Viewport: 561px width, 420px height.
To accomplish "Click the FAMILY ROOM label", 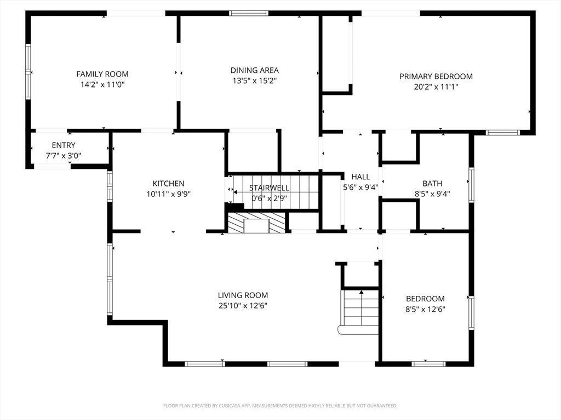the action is point(102,74).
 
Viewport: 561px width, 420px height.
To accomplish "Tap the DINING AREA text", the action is point(254,71).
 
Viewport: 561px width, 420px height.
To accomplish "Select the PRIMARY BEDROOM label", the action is point(436,76).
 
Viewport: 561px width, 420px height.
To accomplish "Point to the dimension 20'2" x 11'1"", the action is point(436,87).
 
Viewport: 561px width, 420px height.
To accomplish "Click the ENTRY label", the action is point(64,145).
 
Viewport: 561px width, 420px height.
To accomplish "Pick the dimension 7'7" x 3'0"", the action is point(64,156).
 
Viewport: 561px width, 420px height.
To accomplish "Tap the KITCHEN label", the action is point(169,184).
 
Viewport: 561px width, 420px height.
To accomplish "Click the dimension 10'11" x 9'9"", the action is point(169,194).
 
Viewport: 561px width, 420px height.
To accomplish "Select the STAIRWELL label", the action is point(269,188).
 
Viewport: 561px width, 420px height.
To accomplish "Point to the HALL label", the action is point(360,177).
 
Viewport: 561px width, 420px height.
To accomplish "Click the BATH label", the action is point(432,184).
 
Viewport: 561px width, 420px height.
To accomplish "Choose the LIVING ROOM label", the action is point(243,295).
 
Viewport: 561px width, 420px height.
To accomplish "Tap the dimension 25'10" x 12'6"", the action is point(243,306).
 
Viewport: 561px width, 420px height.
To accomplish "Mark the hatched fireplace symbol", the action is point(256,223).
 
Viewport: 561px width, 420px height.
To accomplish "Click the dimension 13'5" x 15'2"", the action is point(254,81).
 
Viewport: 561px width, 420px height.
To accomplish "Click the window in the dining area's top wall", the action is point(249,14).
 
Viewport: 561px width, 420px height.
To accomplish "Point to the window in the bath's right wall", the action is point(472,185).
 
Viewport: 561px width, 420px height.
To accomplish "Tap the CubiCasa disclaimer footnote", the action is point(280,406).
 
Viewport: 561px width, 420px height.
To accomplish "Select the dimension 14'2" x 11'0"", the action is point(102,85).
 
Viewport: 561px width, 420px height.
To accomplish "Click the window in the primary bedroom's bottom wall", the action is point(503,132).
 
